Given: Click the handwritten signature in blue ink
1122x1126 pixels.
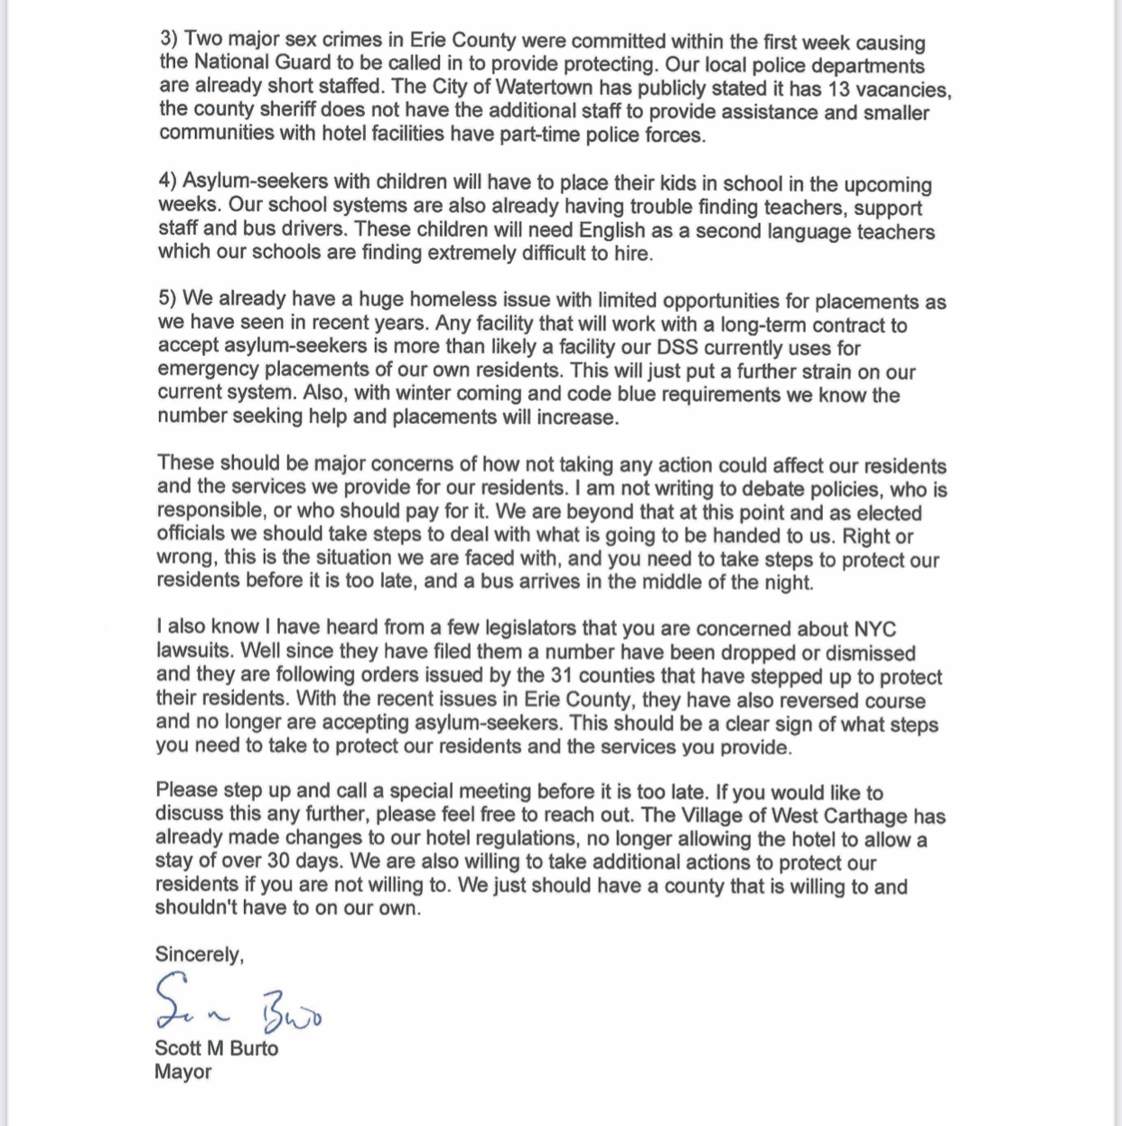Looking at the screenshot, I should tap(238, 1003).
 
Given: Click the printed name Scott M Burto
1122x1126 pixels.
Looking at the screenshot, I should tap(216, 1048).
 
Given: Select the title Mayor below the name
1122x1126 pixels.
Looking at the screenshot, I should tap(182, 1072).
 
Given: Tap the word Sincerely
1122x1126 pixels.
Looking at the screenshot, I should tap(199, 954).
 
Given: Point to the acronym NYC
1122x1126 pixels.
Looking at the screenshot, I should tap(874, 629).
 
